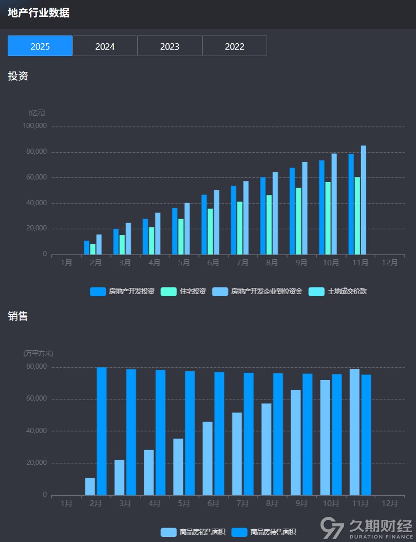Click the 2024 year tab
[x=105, y=46]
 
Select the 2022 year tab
[x=235, y=46]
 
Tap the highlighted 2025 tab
[x=40, y=46]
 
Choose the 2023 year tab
[x=169, y=46]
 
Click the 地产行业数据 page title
[x=39, y=13]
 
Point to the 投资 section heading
[x=18, y=76]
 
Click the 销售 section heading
[x=18, y=316]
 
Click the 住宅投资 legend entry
[x=184, y=292]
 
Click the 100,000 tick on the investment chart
[x=35, y=126]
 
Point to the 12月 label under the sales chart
[x=390, y=503]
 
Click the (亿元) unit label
[x=37, y=113]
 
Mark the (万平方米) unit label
[x=39, y=353]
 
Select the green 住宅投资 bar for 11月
[x=357, y=215]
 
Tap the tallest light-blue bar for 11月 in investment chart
[x=363, y=200]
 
